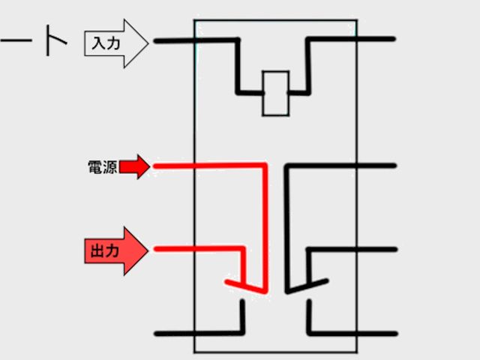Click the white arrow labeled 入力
pos(117,43)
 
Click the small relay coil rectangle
pos(275,93)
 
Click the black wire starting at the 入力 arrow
pos(195,40)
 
